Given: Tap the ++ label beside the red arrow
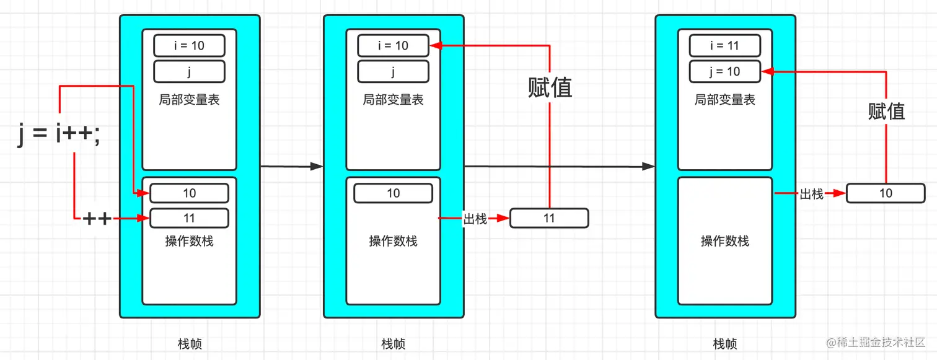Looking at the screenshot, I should point(97,218).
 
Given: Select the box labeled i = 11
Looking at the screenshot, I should point(724,46).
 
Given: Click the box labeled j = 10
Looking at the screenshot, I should point(724,71).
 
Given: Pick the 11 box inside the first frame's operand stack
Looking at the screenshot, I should point(189,218).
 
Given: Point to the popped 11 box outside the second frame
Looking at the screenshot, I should point(548,218).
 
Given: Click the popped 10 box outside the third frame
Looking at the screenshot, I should point(886,193).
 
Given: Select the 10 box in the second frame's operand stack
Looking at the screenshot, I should point(393,193).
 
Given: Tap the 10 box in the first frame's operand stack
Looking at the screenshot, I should point(189,193).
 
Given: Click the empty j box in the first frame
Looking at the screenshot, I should point(189,71).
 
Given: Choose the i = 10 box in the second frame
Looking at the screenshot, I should point(393,46).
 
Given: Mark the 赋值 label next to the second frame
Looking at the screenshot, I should point(550,88).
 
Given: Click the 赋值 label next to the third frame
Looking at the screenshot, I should point(886,112).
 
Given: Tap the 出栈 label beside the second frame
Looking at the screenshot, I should point(475,219).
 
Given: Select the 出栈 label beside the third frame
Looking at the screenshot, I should point(811,194).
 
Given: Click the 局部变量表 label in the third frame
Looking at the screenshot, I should point(724,100).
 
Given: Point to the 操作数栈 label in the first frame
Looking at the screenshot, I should point(189,241).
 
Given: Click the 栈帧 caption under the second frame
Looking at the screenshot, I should point(393,343).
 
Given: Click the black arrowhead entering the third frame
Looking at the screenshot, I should point(648,166).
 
